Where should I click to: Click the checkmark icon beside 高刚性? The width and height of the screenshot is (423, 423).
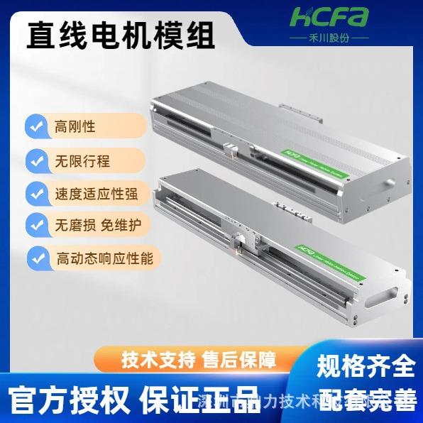point(35,127)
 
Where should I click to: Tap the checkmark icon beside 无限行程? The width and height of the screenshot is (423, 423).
point(35,161)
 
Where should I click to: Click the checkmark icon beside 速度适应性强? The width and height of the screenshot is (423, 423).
point(35,193)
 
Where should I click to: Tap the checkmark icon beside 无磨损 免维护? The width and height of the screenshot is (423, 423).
point(35,224)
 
